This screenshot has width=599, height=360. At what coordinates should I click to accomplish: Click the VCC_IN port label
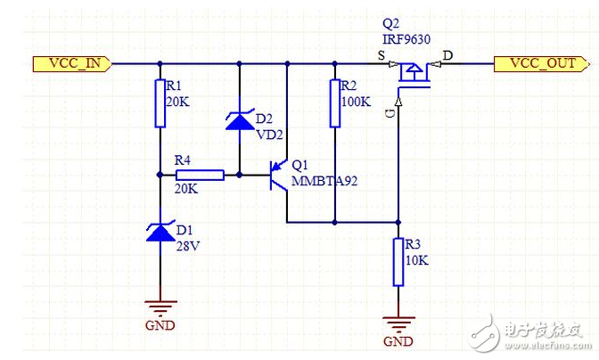pyautogui.click(x=72, y=63)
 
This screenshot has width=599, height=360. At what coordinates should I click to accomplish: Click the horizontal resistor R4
pyautogui.click(x=200, y=175)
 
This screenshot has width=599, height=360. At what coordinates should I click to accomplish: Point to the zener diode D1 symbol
pyautogui.click(x=160, y=233)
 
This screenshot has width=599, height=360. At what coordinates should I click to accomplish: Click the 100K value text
pyautogui.click(x=357, y=102)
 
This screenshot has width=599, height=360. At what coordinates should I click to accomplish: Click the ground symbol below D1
pyautogui.click(x=160, y=307)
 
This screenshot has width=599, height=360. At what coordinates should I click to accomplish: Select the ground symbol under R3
pyautogui.click(x=397, y=325)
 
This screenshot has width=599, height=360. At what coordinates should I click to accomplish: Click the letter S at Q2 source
pyautogui.click(x=383, y=55)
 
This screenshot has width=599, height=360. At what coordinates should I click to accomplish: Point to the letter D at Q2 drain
pyautogui.click(x=447, y=55)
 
